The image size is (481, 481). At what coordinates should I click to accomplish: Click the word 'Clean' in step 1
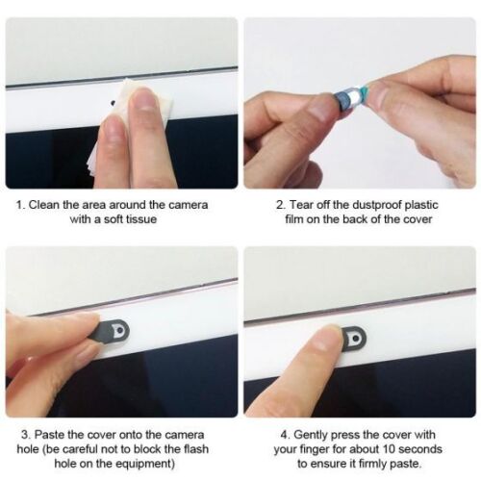(45, 205)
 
